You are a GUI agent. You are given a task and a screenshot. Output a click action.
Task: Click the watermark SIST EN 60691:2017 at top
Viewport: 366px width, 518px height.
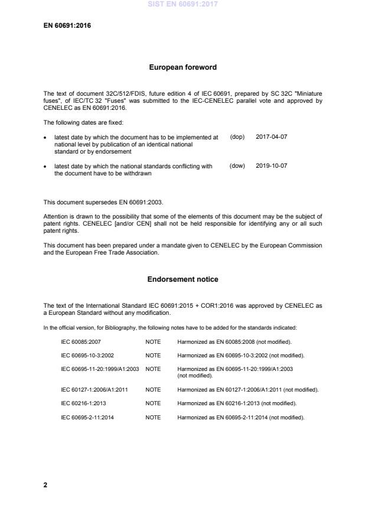pos(182,4)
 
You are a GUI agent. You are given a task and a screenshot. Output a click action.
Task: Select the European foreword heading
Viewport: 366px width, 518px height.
pos(182,67)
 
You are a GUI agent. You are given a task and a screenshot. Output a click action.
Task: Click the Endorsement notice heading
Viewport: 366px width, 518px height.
pos(182,279)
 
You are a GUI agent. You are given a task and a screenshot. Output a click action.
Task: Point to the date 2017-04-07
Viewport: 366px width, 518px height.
pos(272,136)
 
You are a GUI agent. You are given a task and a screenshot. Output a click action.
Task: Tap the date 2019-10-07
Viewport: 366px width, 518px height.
pos(272,166)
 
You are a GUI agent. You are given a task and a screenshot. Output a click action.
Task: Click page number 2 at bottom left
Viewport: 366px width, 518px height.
pos(45,485)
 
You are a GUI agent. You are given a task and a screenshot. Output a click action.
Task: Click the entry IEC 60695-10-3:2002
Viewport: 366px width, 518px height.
pos(87,355)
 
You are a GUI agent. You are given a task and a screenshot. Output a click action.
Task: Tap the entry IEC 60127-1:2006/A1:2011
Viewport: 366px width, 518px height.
pos(94,390)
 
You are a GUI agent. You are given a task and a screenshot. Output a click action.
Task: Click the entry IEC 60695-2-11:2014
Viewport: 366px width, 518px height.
pos(87,418)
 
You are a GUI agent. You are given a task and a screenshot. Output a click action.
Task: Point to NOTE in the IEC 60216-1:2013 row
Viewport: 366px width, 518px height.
pos(153,403)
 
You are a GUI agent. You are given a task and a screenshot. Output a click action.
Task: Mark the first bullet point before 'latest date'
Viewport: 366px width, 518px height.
pos(46,137)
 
